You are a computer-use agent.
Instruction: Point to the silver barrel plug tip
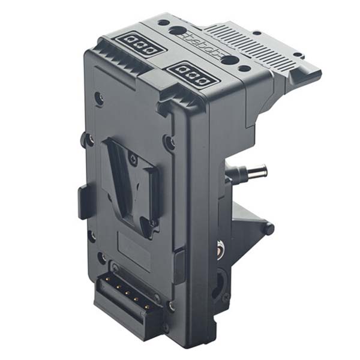click(259, 170)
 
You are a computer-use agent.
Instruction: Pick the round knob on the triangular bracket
click(268, 229)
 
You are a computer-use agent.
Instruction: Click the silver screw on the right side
click(220, 245)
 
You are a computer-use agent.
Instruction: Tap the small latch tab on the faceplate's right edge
click(178, 264)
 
